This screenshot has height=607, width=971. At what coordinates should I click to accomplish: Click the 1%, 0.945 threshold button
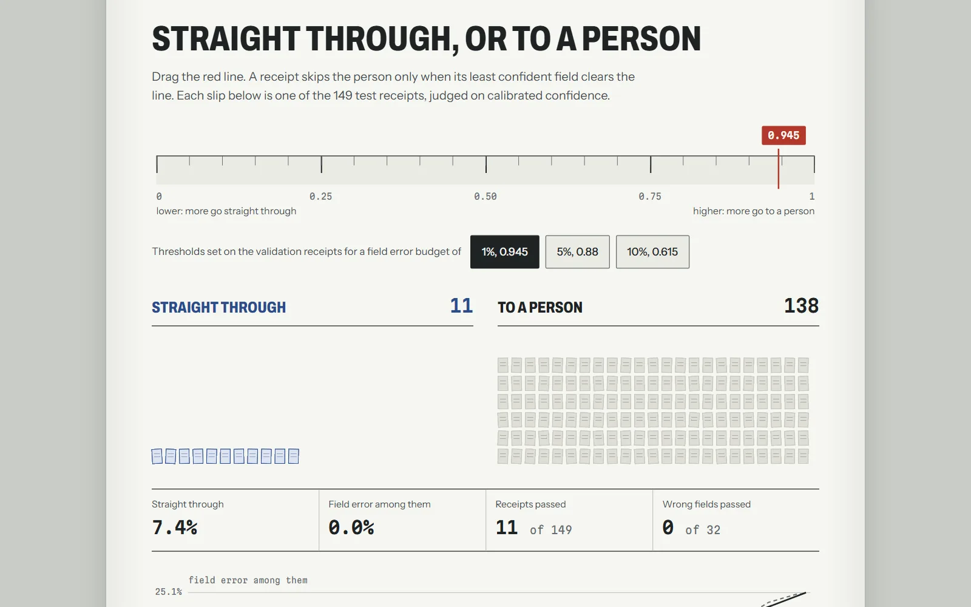504,252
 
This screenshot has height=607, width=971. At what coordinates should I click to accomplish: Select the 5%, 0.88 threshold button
577,252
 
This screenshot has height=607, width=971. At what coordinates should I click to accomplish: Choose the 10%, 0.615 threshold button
652,252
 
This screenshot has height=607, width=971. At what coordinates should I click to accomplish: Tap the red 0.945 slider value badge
783,135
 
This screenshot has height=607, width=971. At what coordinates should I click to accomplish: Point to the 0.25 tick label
321,197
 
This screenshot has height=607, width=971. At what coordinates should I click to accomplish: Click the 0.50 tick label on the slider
486,197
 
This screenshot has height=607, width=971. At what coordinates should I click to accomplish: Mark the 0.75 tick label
650,197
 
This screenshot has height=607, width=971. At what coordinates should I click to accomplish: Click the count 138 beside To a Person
802,306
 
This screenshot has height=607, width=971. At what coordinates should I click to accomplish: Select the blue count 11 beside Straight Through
461,306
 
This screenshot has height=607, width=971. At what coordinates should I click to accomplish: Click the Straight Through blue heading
219,307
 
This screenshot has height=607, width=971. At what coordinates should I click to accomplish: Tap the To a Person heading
540,307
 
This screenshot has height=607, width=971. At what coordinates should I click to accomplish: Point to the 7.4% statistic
175,527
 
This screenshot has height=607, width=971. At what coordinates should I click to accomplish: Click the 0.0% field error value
351,527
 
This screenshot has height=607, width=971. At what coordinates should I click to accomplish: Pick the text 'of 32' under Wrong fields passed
703,530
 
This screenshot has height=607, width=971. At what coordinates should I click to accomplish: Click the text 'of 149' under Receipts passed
551,530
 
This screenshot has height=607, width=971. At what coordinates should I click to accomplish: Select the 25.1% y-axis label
169,592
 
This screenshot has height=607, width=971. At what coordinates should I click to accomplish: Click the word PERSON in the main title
641,39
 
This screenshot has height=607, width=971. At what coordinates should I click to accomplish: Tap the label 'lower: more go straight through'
226,211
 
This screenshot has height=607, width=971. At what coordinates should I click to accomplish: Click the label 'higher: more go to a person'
754,211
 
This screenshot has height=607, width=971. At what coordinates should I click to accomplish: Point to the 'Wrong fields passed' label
706,504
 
